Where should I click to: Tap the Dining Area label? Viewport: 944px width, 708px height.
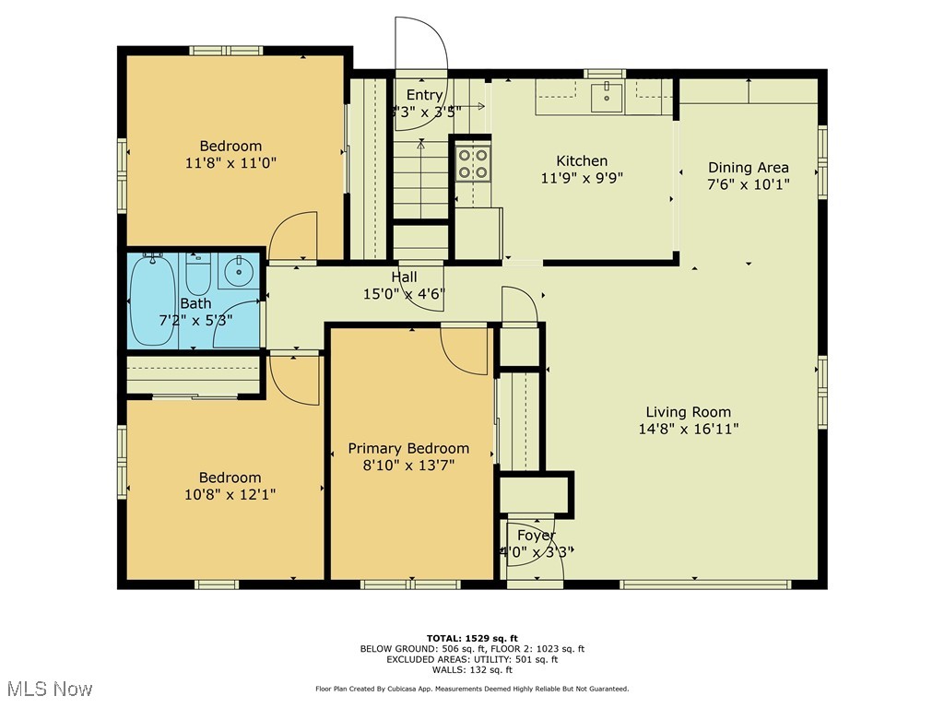tap(748, 168)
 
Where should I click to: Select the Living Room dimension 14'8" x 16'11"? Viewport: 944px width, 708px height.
tap(688, 429)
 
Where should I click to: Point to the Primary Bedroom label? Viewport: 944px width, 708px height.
tap(407, 449)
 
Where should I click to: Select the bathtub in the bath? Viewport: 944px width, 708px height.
tap(150, 301)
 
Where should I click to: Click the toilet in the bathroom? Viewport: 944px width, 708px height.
tap(198, 272)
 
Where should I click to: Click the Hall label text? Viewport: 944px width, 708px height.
tap(404, 277)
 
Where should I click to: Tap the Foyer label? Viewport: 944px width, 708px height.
tap(536, 536)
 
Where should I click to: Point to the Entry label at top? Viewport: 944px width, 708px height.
tap(424, 95)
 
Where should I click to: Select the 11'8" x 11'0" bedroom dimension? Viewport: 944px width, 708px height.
tap(230, 162)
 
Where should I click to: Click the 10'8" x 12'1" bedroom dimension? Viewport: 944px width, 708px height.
tap(230, 494)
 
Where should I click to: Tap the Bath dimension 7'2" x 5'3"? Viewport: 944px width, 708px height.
tap(195, 319)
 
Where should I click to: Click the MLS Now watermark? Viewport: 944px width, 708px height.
tap(49, 689)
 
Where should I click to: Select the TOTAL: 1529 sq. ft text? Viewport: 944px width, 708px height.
tap(472, 638)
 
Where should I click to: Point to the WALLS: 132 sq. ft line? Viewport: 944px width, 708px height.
tap(472, 670)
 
